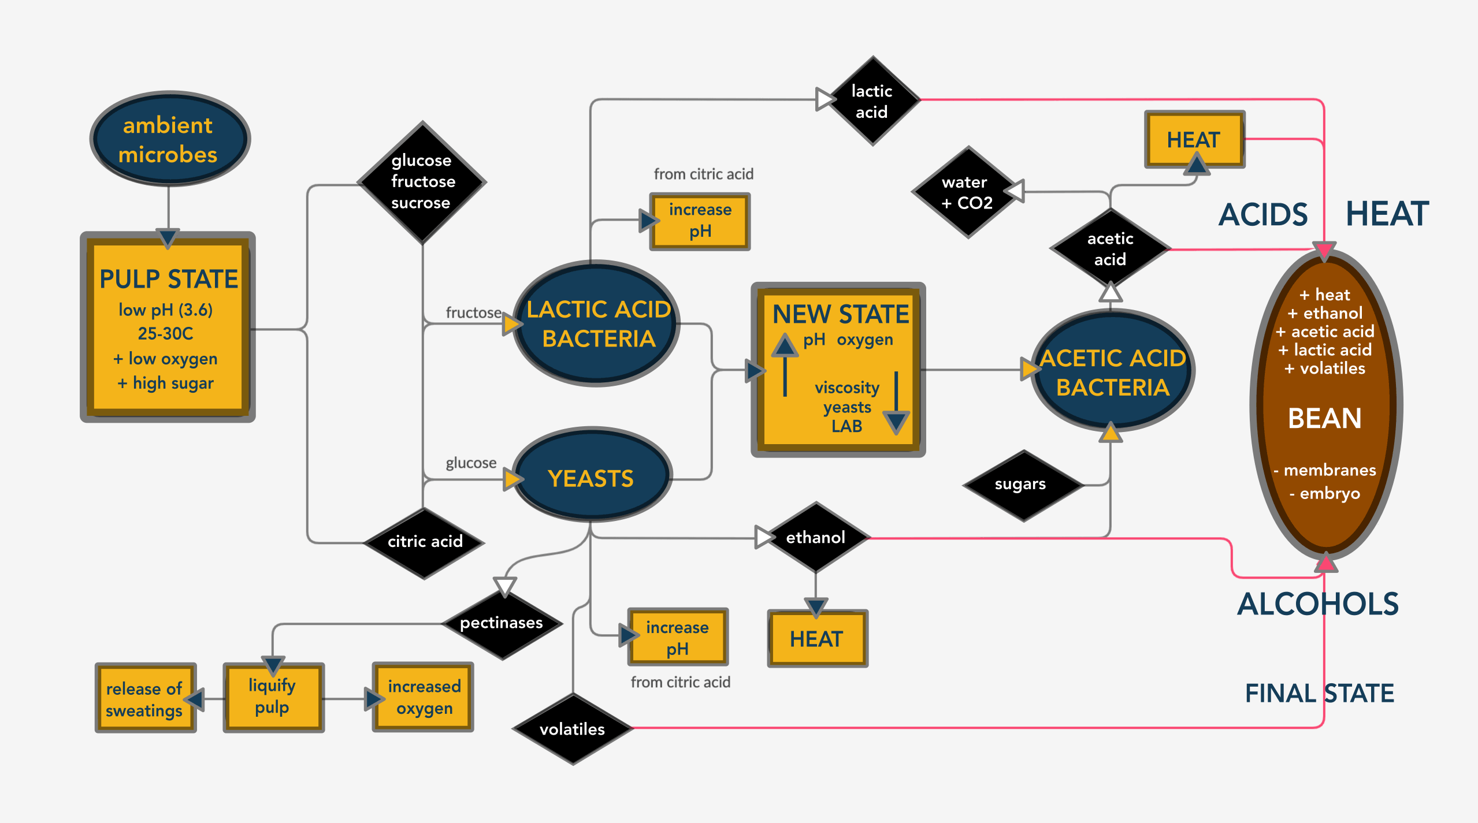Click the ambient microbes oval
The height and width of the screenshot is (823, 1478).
click(169, 139)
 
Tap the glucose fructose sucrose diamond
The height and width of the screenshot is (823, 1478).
click(422, 182)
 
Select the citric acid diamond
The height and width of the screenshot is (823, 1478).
click(424, 542)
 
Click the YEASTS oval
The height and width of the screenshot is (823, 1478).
click(592, 474)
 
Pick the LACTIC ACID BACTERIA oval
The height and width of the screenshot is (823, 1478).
click(596, 323)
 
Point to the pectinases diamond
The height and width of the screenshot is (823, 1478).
click(502, 623)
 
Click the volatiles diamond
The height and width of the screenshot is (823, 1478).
click(573, 728)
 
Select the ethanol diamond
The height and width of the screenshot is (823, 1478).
click(816, 537)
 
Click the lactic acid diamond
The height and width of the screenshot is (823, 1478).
click(873, 100)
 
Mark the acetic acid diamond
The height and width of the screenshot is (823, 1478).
click(1110, 249)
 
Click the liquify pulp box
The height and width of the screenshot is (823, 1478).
click(273, 697)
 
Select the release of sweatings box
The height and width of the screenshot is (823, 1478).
click(146, 698)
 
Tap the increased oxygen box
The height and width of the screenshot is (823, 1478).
click(423, 697)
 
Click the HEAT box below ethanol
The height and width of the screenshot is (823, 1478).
click(818, 638)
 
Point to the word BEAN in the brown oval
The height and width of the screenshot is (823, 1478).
click(1325, 418)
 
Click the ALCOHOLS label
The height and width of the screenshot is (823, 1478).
click(1318, 604)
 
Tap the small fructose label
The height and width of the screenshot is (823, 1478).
click(474, 312)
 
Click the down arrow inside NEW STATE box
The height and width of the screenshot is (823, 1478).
click(897, 403)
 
